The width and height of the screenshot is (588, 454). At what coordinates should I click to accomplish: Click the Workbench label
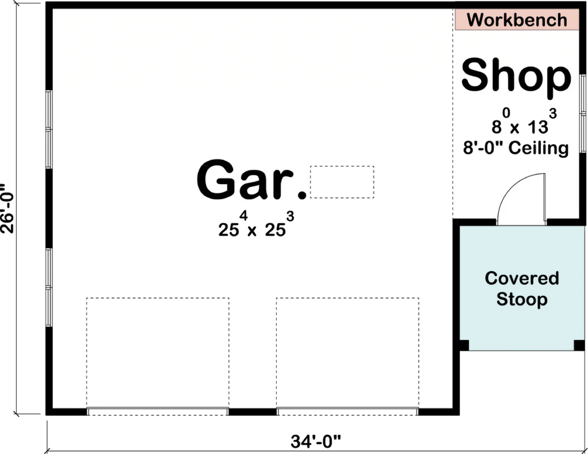(517, 20)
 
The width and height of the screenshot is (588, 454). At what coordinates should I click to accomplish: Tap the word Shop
(516, 76)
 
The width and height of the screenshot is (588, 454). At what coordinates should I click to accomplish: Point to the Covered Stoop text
(521, 288)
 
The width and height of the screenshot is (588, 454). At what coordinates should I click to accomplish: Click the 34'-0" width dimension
(316, 442)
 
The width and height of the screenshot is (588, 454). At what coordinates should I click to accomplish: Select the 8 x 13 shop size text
(522, 123)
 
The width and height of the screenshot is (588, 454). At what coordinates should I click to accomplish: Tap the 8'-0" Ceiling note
(516, 148)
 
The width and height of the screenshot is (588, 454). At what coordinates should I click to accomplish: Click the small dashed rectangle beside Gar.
(342, 182)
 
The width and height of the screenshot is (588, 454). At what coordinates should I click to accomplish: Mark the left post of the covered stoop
(464, 345)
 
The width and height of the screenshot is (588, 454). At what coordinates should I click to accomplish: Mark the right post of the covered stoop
(579, 345)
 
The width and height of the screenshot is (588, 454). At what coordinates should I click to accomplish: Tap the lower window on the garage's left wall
(49, 287)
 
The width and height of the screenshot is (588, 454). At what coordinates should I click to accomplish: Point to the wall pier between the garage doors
(252, 411)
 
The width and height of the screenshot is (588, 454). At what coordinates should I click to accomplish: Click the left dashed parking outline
(158, 353)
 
